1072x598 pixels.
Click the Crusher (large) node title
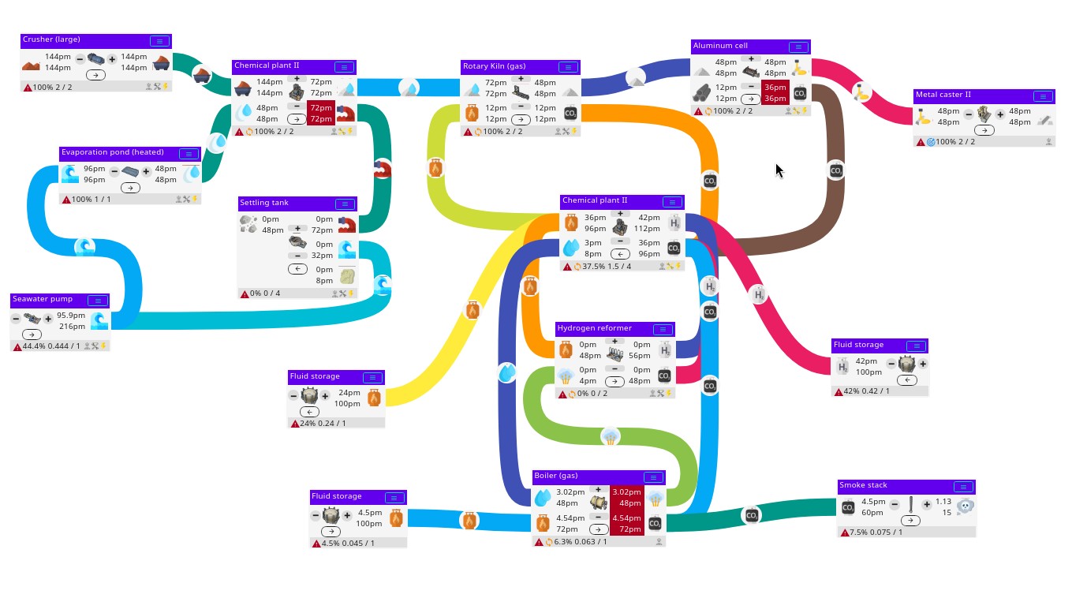pos(51,39)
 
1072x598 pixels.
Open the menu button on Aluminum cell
pos(798,47)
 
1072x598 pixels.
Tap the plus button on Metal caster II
pos(1000,114)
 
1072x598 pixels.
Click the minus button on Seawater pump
pos(16,319)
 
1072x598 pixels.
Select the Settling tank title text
pos(264,203)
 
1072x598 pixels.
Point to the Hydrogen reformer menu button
pos(663,330)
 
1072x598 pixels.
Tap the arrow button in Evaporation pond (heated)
pos(130,188)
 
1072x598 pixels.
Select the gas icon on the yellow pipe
pos(473,310)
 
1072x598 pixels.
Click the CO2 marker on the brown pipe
pos(836,170)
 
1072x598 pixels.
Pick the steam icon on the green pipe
pos(611,436)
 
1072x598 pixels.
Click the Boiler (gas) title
pos(556,476)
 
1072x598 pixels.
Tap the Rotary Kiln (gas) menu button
pos(568,68)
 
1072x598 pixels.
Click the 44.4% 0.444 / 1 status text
pos(51,346)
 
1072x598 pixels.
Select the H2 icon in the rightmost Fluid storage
pos(842,367)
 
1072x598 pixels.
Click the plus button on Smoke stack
pos(927,505)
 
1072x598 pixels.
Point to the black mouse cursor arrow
pos(779,170)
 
